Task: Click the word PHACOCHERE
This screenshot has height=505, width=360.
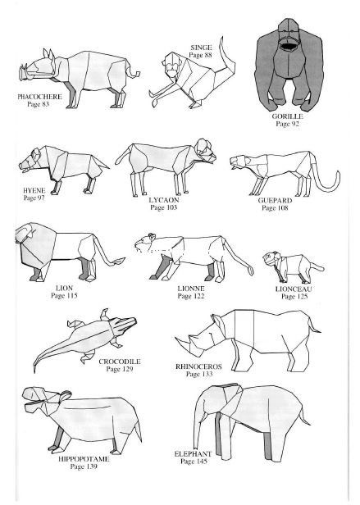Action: click(x=39, y=96)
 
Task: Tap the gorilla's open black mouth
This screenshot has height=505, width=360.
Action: click(x=287, y=47)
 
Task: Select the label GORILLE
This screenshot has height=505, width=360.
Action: click(x=288, y=116)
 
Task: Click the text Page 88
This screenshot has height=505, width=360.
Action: click(x=200, y=55)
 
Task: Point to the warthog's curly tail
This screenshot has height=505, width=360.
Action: click(x=133, y=72)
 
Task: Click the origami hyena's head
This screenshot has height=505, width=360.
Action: click(x=32, y=160)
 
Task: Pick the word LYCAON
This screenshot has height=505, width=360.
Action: click(x=164, y=200)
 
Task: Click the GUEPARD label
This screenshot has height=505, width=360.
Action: click(x=275, y=201)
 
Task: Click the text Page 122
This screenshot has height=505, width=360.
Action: click(x=191, y=296)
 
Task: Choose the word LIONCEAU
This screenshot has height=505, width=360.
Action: click(x=294, y=289)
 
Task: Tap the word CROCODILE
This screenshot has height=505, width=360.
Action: click(x=120, y=362)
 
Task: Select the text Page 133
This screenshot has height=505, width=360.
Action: click(x=199, y=374)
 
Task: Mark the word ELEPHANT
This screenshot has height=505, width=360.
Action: click(x=193, y=454)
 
